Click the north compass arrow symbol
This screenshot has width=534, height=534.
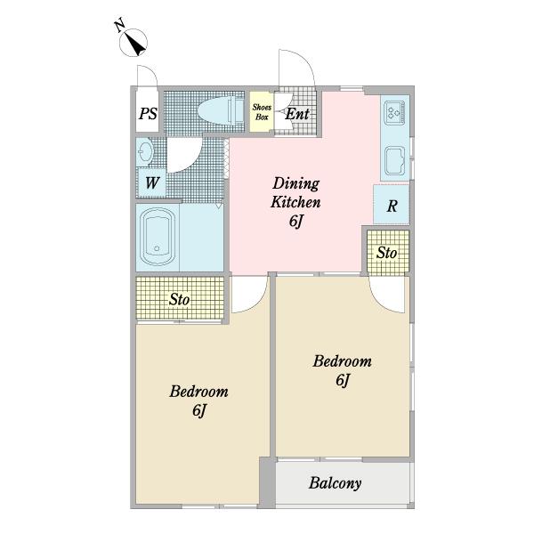point(133,43)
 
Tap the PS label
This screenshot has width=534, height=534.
point(148,114)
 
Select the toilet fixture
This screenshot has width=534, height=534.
point(221,111)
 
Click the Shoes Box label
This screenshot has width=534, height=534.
point(262,112)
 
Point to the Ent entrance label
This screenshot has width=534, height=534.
point(297,114)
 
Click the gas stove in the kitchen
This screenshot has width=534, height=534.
point(394,113)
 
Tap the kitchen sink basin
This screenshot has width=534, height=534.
point(394,159)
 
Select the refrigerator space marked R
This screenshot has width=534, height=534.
point(392,205)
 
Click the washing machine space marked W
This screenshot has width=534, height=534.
point(151,183)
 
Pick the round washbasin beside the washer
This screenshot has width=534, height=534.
point(145,152)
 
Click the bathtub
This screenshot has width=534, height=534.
point(157,237)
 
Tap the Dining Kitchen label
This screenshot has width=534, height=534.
point(295,202)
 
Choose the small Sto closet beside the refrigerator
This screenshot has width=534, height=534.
point(387,253)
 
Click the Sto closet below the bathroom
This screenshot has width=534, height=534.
point(180,298)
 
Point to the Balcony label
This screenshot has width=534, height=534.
point(336,483)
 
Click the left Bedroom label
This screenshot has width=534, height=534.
point(198,400)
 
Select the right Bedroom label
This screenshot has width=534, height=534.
point(342,370)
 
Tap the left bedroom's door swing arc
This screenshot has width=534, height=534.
point(257,302)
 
